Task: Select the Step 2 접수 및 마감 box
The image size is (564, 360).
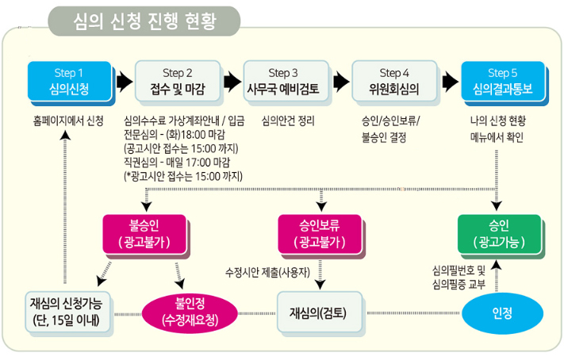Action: [177, 80]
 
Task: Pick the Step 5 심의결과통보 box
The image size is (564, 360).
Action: [503, 80]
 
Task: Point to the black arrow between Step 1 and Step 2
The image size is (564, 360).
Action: [124, 80]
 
